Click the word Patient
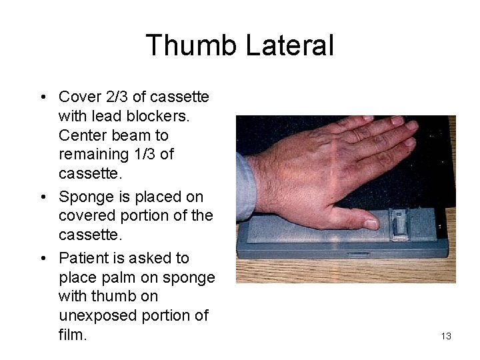pos(84,258)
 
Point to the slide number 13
pos(446,336)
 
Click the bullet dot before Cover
pos(42,97)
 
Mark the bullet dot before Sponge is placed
pos(42,197)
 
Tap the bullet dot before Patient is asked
pos(42,259)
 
